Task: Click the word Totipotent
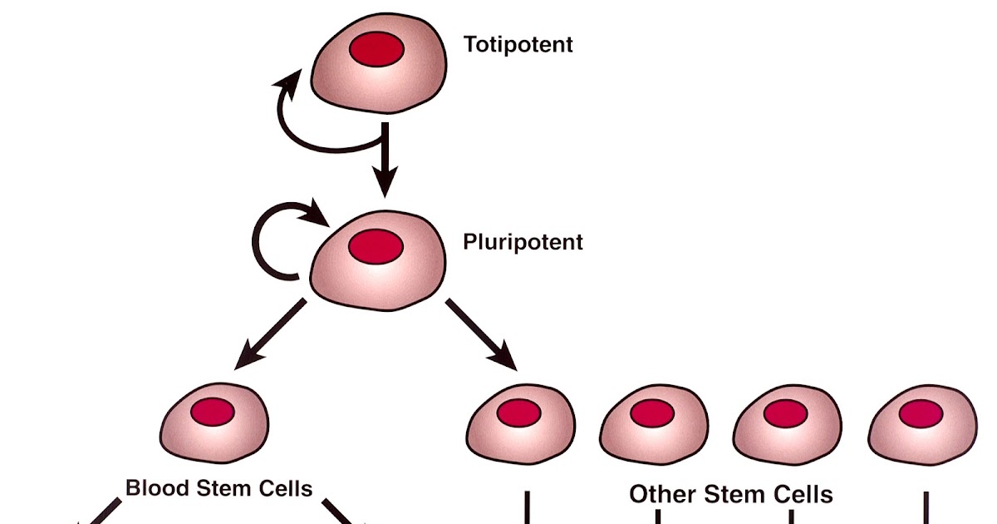click(518, 44)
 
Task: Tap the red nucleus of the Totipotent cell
click(376, 50)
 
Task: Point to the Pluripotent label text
click(523, 242)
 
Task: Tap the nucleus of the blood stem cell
click(214, 410)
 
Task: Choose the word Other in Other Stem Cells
click(661, 495)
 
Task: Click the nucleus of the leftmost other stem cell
click(519, 411)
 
